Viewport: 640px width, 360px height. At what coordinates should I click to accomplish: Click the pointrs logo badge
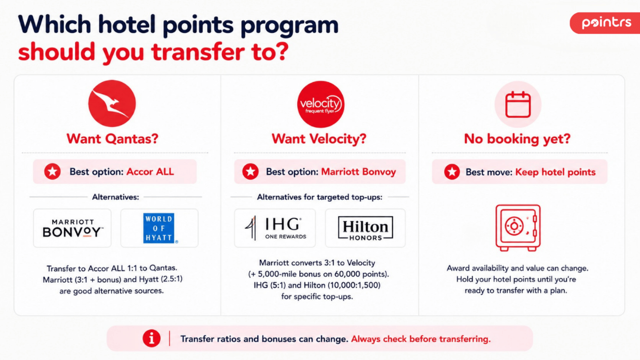pos(605,23)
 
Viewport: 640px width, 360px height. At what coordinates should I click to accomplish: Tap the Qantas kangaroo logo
pos(112,103)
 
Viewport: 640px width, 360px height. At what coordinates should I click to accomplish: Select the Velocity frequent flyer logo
pos(320,104)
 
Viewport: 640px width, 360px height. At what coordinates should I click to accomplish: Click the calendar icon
pos(518,105)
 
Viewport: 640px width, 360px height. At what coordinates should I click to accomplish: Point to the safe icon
pos(518,228)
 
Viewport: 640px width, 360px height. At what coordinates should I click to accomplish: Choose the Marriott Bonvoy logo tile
pos(72,228)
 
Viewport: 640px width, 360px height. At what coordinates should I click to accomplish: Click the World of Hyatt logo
pos(159,228)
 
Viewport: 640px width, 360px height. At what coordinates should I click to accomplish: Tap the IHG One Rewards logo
pos(275,228)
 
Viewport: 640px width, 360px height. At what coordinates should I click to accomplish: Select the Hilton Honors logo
pos(365,228)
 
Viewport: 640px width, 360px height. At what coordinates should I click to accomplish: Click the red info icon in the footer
pos(151,339)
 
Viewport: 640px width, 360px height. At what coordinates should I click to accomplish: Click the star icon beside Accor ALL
pos(53,172)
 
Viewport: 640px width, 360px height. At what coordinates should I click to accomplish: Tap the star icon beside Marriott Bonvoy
pos(251,172)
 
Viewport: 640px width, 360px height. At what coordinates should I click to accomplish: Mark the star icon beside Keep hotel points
pos(452,172)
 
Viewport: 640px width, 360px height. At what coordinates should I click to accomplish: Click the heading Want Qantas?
pos(112,139)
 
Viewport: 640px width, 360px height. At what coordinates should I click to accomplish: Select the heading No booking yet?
pos(517,139)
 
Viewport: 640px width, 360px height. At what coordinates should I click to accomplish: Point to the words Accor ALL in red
pos(150,172)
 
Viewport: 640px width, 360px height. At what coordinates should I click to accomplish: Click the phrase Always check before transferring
pos(421,339)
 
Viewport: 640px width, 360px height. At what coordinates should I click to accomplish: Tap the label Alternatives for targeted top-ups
pos(320,197)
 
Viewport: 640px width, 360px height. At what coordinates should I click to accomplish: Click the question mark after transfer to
pos(283,52)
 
